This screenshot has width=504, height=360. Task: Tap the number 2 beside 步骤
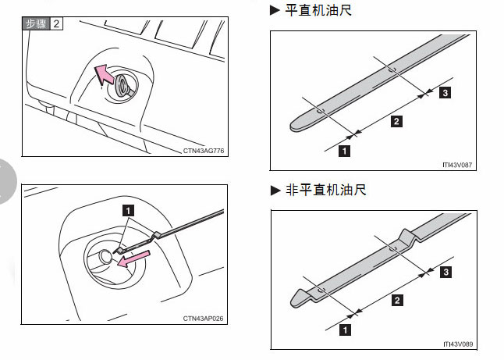pos(56,23)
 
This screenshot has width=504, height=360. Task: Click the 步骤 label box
pos(37,23)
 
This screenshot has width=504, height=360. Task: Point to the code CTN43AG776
pos(204,150)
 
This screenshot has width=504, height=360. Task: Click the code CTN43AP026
pos(204,318)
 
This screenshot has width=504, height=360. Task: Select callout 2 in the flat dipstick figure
pos(396,121)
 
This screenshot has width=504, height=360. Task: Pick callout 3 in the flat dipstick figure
pos(444,93)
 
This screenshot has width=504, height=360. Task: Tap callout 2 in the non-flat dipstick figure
pos(396,301)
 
